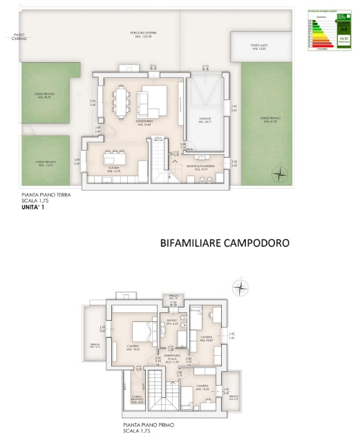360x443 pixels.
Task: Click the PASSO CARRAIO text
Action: coord(19,37)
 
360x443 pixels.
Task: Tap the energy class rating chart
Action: coord(328,35)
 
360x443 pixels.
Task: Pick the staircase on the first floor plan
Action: coord(157,395)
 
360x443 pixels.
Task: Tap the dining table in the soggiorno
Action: coord(123,102)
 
